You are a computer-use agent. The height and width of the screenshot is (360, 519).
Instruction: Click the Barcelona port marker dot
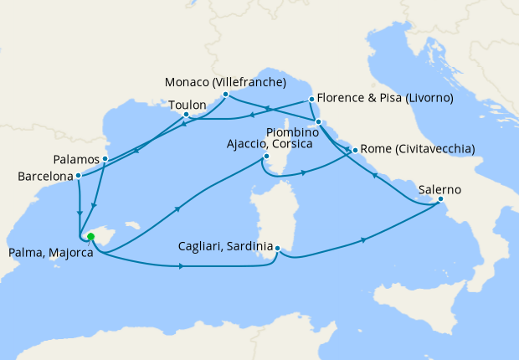tap(78, 176)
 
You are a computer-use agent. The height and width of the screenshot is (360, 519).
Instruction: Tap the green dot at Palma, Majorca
tap(90, 237)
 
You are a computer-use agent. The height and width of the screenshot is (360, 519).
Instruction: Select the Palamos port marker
tap(105, 158)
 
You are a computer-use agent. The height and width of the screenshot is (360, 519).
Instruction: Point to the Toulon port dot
tap(186, 115)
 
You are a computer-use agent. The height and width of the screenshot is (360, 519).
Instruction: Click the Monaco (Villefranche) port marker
tap(226, 95)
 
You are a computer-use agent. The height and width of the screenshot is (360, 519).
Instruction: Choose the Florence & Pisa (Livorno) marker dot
tap(311, 99)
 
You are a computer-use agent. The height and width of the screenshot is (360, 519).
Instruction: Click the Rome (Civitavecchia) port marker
tap(355, 150)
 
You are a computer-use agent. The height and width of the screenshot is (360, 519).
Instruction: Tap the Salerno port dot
tap(441, 199)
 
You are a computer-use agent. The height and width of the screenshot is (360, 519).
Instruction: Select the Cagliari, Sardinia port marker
tap(277, 247)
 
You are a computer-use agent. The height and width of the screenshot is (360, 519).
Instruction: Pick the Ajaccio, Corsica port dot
tap(266, 156)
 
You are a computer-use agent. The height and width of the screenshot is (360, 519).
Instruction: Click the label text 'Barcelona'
tap(44, 176)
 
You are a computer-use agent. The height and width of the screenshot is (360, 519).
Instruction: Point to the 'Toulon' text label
tap(188, 105)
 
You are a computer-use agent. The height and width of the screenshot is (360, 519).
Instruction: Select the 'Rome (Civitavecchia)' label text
tap(419, 150)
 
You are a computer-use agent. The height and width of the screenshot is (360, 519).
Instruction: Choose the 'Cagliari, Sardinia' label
tap(226, 247)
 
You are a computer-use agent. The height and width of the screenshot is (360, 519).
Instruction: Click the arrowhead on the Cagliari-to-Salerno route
tap(364, 240)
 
